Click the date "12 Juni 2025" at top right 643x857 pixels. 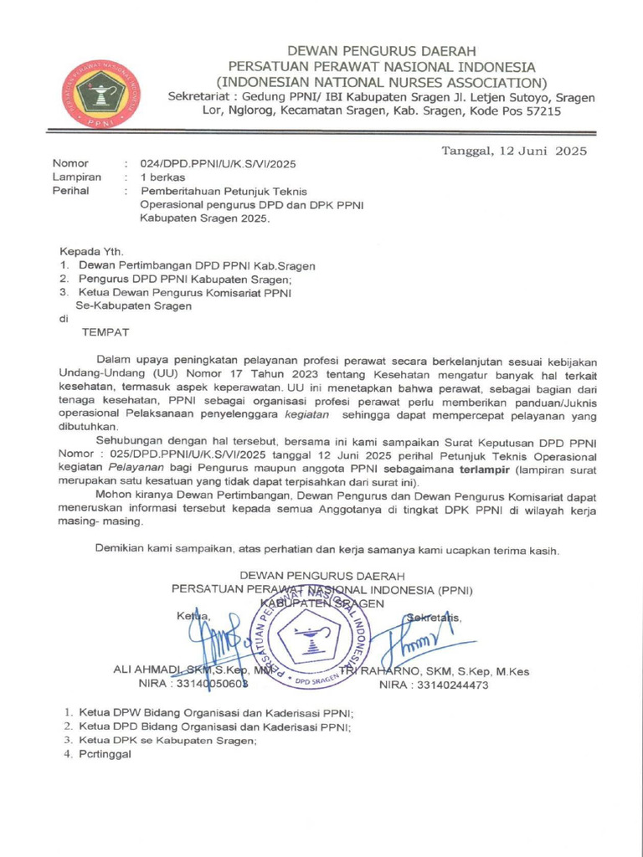[x=543, y=151]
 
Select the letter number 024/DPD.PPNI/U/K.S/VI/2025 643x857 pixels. [x=218, y=164]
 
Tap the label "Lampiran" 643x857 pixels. [x=77, y=177]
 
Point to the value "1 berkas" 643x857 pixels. [x=164, y=177]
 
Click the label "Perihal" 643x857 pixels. [x=71, y=191]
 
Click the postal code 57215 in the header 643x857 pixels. [x=541, y=112]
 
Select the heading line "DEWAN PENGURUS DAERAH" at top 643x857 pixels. [x=382, y=52]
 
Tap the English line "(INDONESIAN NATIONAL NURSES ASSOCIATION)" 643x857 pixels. [x=382, y=82]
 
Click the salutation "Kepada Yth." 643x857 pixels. [x=91, y=251]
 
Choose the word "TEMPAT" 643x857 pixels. [x=105, y=332]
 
